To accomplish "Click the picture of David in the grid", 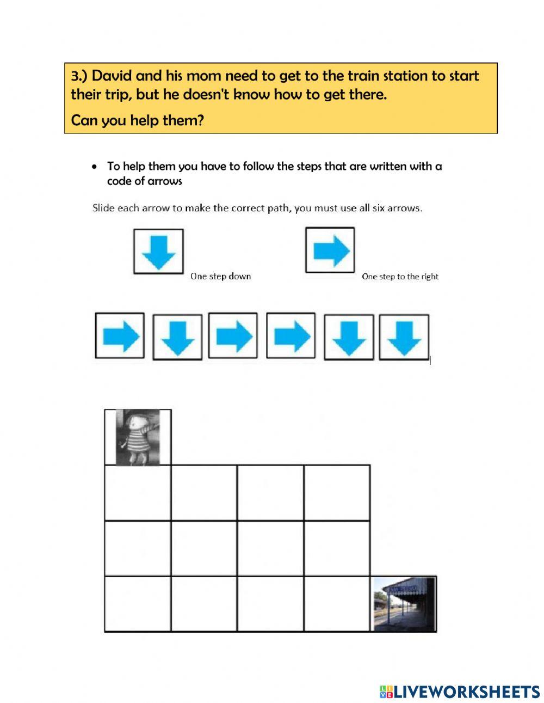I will click(x=138, y=438).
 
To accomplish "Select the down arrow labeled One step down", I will click(x=158, y=251).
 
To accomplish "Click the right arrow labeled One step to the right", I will click(x=330, y=250).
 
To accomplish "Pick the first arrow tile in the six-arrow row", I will click(x=120, y=336).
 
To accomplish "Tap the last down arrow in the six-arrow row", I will click(x=404, y=338).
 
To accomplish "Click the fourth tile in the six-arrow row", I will click(x=290, y=336).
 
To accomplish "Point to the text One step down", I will click(x=220, y=277).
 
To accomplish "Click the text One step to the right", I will click(x=400, y=277).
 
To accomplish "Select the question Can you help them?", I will click(x=137, y=120).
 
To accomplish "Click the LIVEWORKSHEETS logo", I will click(x=460, y=692).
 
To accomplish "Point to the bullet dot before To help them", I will click(x=96, y=167).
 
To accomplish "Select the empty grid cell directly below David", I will click(x=138, y=493).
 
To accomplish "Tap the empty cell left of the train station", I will click(x=337, y=604).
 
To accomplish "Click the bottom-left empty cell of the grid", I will click(x=138, y=604).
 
